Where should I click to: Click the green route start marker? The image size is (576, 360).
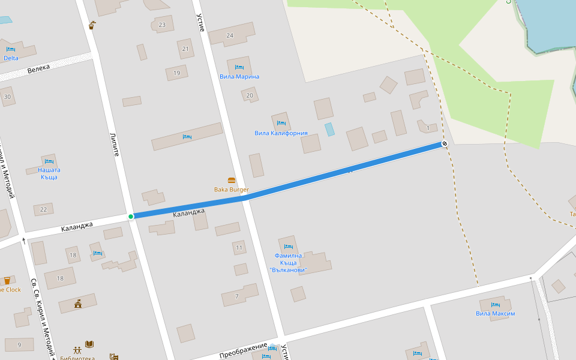coord(131,216)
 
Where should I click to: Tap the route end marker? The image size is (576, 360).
coord(445,143)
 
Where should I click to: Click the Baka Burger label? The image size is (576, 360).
coord(231,190)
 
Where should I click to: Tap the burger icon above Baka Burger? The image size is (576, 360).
coord(232,180)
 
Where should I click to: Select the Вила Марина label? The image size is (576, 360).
coord(239,77)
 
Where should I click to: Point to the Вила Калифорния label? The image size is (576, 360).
coord(281,133)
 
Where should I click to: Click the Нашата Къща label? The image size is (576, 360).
coord(49,173)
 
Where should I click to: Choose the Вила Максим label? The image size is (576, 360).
coord(496,314)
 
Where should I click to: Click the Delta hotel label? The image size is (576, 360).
coord(11,58)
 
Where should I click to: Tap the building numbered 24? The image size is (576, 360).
coord(230,35)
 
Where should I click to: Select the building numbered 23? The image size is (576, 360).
coord(162,25)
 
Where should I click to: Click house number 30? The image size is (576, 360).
coord(7,97)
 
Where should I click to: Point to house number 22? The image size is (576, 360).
coord(43,209)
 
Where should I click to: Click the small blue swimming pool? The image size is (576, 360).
coord(329,129)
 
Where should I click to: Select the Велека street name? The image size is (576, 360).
coord(39,69)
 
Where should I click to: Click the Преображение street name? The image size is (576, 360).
coord(243,350)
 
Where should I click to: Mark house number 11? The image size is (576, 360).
coord(239,248)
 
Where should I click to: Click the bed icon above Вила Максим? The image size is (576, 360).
coord(496,305)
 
